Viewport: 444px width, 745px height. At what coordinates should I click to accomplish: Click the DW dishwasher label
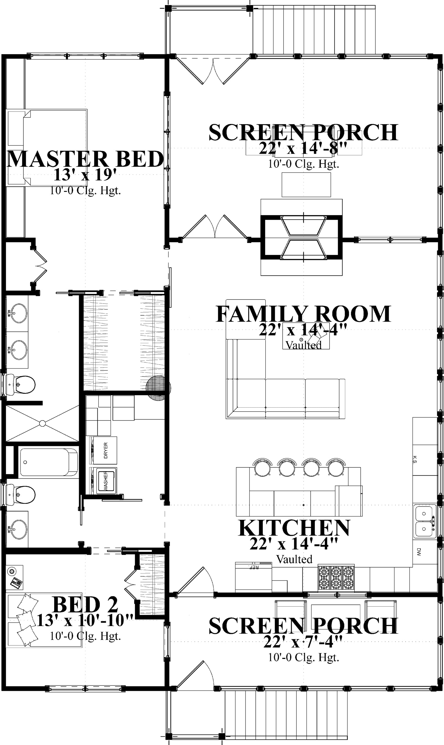point(418,552)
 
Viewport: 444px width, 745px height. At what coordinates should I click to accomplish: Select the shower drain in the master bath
point(42,423)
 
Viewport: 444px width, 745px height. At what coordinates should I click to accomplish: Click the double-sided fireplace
point(302,238)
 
